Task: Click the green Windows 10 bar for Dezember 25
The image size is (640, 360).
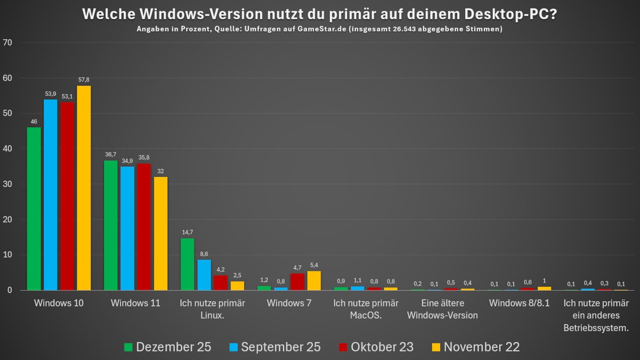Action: pos(34,209)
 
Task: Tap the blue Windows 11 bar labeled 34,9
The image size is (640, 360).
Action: pos(127,228)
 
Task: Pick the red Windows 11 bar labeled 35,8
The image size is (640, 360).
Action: pos(144,227)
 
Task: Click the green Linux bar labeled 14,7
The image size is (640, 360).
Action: pos(188,264)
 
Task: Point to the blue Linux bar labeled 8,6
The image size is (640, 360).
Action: pos(204,275)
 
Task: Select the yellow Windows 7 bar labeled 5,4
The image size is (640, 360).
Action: pos(314,281)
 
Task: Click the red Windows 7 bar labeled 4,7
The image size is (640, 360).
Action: pos(297,282)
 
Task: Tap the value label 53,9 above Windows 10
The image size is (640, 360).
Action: pos(50,94)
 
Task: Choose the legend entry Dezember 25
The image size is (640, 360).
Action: pos(168,347)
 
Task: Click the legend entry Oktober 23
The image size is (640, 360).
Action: pos(376,347)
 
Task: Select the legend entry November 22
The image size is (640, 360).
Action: pos(476,347)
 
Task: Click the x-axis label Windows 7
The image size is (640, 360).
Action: pos(289,304)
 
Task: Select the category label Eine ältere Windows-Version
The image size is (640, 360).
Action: pos(442,309)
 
